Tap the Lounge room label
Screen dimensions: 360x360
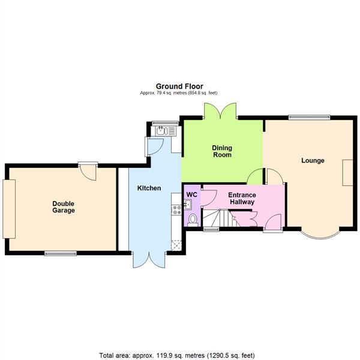point(313,160)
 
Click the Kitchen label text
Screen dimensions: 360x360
point(149,188)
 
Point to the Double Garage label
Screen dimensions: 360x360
point(63,206)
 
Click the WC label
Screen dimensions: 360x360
point(191,195)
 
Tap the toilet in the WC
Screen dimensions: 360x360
point(192,220)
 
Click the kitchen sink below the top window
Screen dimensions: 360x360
point(160,129)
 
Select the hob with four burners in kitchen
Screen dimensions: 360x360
point(176,209)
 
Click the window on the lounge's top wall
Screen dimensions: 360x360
point(308,116)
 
